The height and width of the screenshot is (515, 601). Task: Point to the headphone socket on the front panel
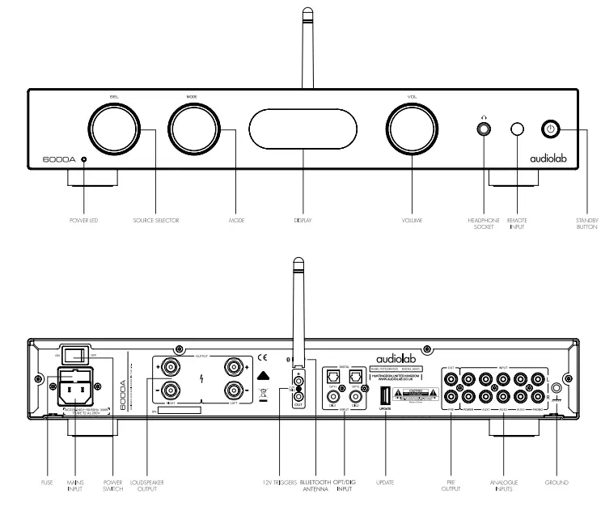[485, 129]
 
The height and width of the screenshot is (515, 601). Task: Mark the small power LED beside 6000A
[83, 161]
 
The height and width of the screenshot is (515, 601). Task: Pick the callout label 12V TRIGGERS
[277, 483]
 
